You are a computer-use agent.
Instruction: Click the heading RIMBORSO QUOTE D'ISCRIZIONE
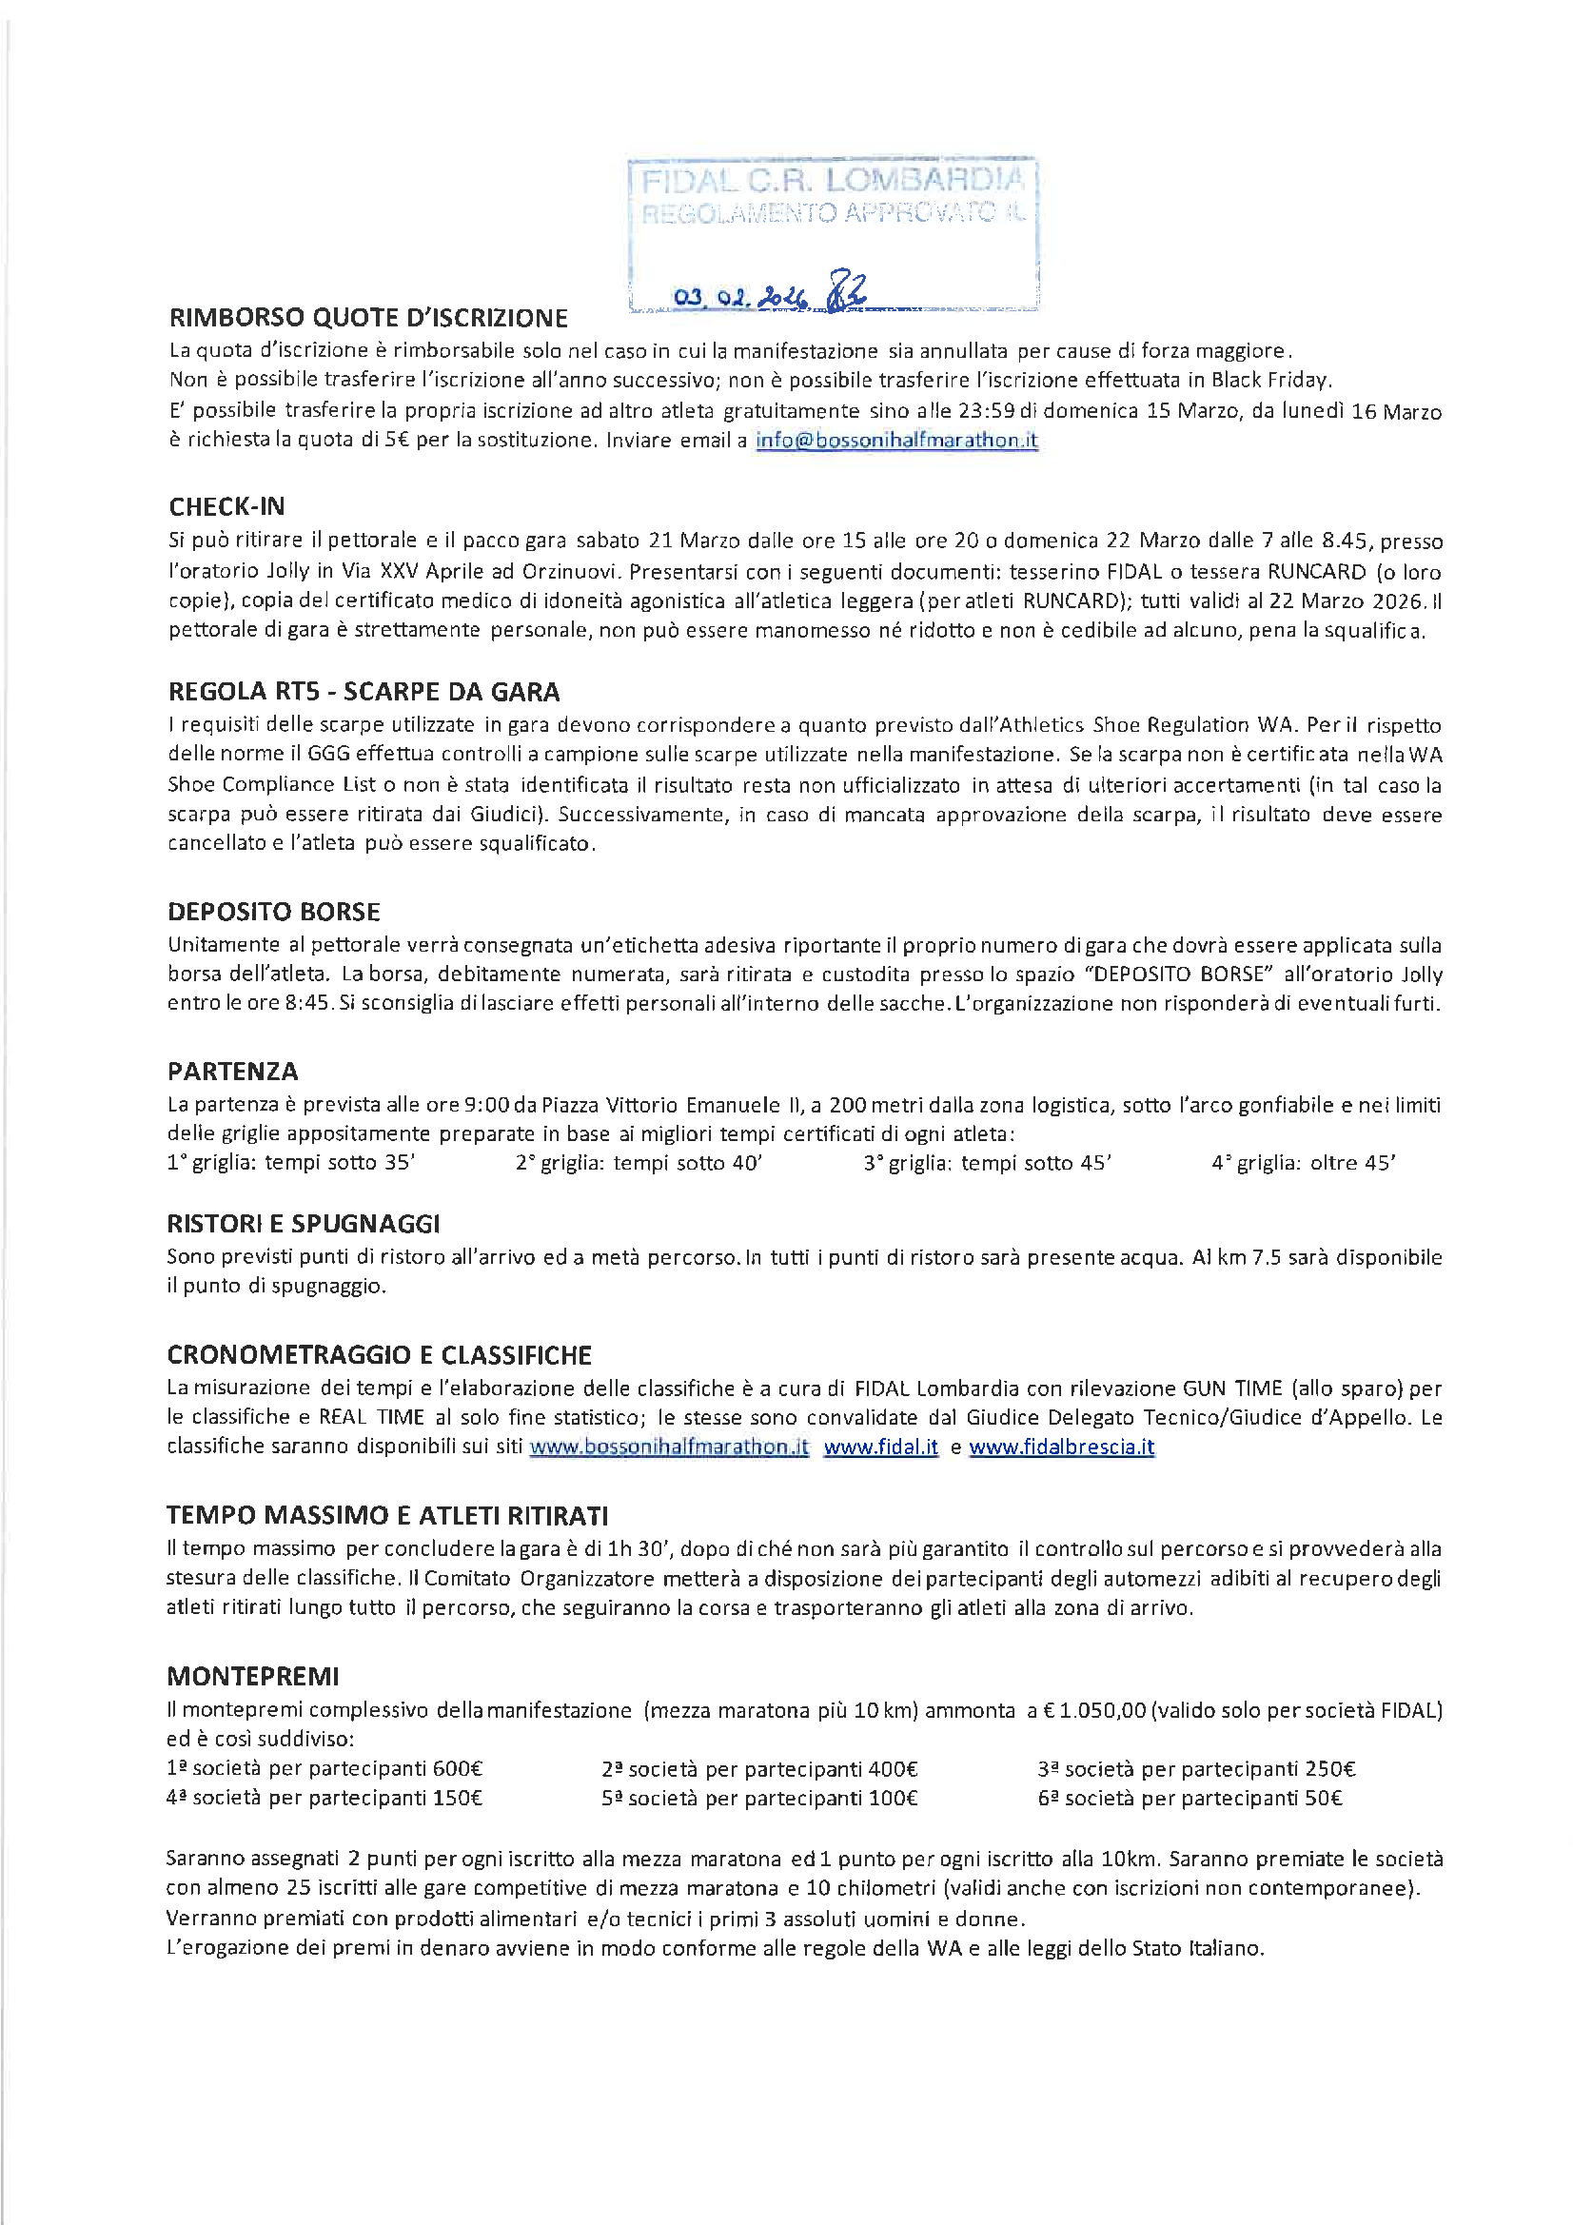pyautogui.click(x=368, y=318)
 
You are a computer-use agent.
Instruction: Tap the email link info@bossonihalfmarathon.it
pyautogui.click(x=896, y=440)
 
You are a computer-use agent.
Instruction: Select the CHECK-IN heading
pyautogui.click(x=226, y=507)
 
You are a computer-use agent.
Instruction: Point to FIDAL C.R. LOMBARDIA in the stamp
pyautogui.click(x=833, y=180)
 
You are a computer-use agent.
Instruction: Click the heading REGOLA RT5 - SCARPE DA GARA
pyautogui.click(x=364, y=692)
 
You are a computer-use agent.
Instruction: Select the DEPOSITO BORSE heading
pyautogui.click(x=273, y=912)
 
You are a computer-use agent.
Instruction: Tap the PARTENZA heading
pyautogui.click(x=232, y=1072)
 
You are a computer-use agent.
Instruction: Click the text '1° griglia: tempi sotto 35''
pyautogui.click(x=291, y=1163)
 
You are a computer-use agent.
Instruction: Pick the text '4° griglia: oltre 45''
pyautogui.click(x=1303, y=1163)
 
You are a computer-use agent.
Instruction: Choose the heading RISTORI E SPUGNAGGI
pyautogui.click(x=304, y=1224)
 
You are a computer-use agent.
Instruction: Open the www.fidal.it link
pyautogui.click(x=880, y=1447)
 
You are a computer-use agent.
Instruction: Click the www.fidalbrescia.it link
pyautogui.click(x=1061, y=1447)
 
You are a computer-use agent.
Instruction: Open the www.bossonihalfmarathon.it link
pyautogui.click(x=669, y=1447)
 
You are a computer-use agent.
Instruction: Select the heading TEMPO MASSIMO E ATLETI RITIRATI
pyautogui.click(x=386, y=1515)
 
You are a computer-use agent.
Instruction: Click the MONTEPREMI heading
pyautogui.click(x=253, y=1676)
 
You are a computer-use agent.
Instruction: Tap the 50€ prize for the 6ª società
pyautogui.click(x=1323, y=1799)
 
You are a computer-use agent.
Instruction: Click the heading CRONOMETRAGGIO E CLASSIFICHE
pyautogui.click(x=379, y=1355)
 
